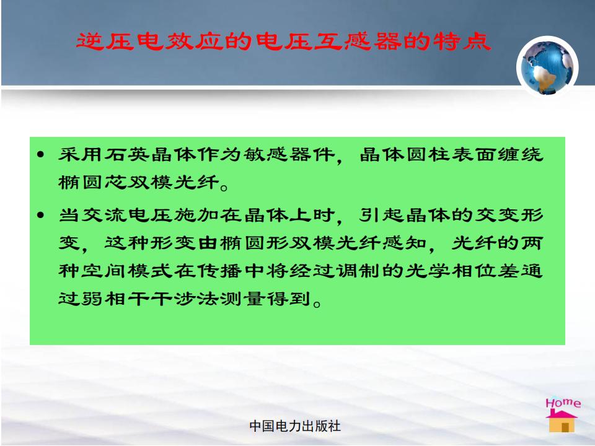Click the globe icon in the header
click(547, 67)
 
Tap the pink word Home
click(563, 403)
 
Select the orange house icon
click(562, 421)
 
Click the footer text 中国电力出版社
click(295, 426)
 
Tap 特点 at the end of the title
click(462, 42)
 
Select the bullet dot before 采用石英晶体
click(41, 155)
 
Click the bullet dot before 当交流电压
click(41, 216)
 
